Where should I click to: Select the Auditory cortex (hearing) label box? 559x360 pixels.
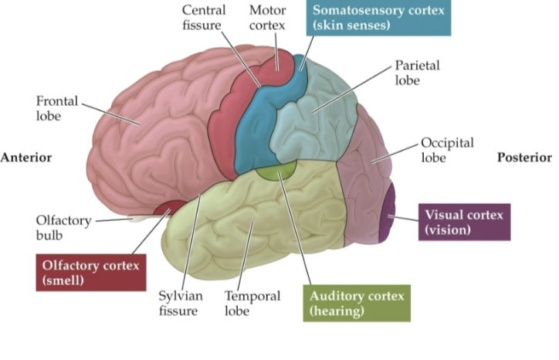[356, 303]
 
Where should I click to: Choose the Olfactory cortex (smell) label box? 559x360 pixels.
[90, 273]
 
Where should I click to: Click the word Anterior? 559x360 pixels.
[26, 157]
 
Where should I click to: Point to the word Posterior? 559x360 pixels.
[524, 157]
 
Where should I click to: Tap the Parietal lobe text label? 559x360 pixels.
[417, 73]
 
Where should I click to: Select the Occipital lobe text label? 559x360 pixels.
[447, 151]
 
